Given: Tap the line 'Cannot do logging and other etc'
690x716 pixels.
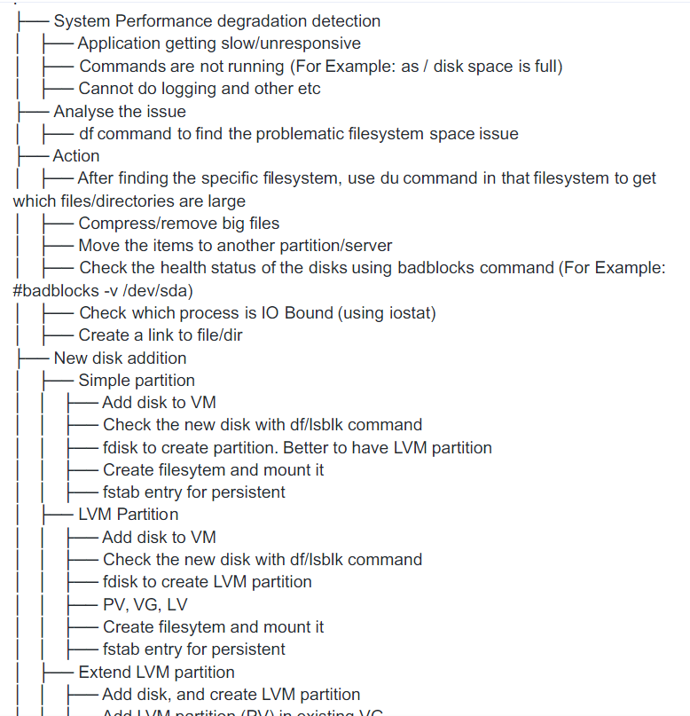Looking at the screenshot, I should pyautogui.click(x=199, y=88).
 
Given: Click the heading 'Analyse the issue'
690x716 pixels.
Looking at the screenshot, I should pyautogui.click(x=119, y=111).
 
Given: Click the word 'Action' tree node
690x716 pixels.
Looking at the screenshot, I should pyautogui.click(x=76, y=156).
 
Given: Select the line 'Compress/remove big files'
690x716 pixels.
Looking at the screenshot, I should pyautogui.click(x=178, y=223).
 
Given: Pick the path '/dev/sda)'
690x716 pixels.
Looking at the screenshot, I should pyautogui.click(x=159, y=290).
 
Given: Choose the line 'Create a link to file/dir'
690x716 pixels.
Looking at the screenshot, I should pyautogui.click(x=161, y=334).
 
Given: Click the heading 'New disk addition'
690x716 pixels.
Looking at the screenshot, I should pyautogui.click(x=120, y=358).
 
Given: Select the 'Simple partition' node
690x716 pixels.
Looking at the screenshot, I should pyautogui.click(x=137, y=380).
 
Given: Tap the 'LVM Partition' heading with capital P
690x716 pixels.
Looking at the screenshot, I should pyautogui.click(x=128, y=514).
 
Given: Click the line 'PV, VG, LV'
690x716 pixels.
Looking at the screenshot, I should pyautogui.click(x=145, y=604).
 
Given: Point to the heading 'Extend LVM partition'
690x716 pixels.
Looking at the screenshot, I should pyautogui.click(x=156, y=672).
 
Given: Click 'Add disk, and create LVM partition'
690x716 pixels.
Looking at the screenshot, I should pyautogui.click(x=231, y=694).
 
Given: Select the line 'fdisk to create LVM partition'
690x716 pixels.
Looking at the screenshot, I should pyautogui.click(x=207, y=582).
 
